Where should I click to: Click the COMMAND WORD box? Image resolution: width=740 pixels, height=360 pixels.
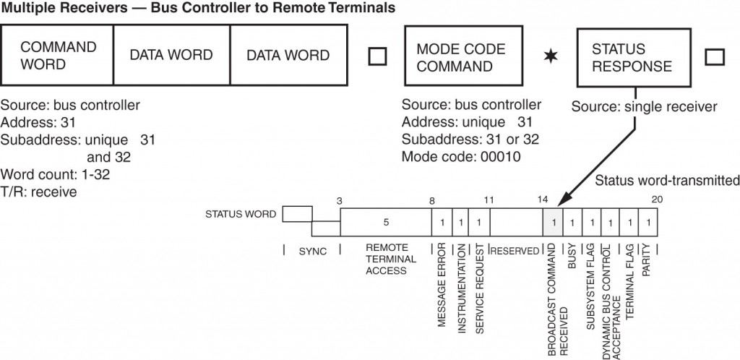point(58,56)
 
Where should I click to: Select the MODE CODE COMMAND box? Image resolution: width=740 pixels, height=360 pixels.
point(462,56)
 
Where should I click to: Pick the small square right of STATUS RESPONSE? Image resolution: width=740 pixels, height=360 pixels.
point(713,56)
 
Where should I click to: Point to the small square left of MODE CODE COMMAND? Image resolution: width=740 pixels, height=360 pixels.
point(377,56)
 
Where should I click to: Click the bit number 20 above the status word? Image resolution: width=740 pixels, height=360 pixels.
point(655,198)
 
